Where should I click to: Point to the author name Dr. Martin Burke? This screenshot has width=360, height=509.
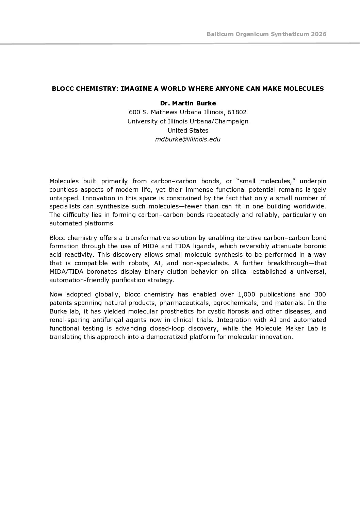pyautogui.click(x=188, y=103)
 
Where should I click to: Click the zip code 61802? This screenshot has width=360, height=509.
pyautogui.click(x=237, y=112)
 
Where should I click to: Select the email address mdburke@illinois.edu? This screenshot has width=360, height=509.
pyautogui.click(x=188, y=139)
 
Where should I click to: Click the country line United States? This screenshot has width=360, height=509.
pyautogui.click(x=188, y=130)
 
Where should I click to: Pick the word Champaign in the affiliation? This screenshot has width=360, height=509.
pyautogui.click(x=233, y=121)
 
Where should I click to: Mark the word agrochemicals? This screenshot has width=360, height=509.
pyautogui.click(x=236, y=303)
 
